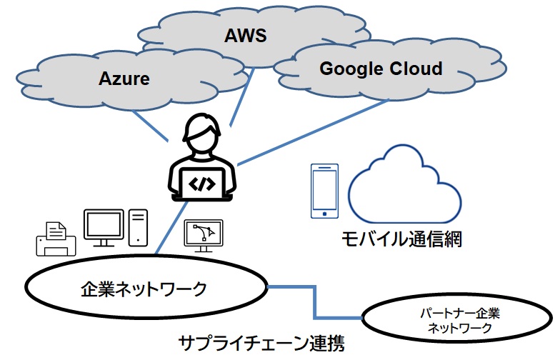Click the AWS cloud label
pyautogui.click(x=245, y=35)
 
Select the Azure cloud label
pyautogui.click(x=124, y=78)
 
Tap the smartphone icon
pyautogui.click(x=324, y=191)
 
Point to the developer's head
pyautogui.click(x=201, y=135)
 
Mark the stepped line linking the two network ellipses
pyautogui.click(x=314, y=303)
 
